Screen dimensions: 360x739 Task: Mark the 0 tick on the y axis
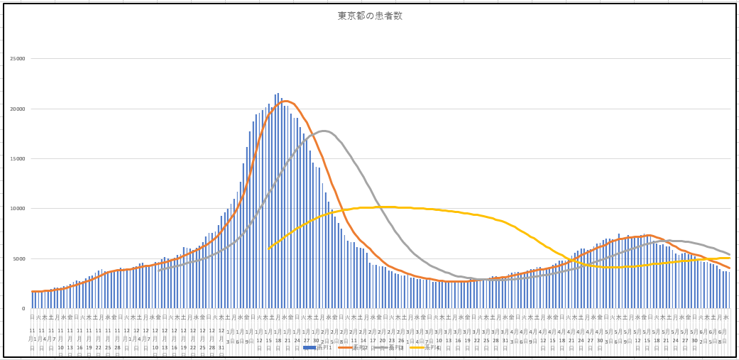point(23,308)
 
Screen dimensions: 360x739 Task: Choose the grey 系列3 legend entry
point(392,347)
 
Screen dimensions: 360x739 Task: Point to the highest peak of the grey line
point(324,131)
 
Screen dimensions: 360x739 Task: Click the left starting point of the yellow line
point(269,249)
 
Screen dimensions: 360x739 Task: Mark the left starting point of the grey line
point(159,270)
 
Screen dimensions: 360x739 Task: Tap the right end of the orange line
point(729,268)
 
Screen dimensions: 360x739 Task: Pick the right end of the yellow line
point(729,258)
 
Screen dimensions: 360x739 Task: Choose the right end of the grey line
point(729,254)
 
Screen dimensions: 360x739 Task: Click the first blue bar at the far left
point(32,300)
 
